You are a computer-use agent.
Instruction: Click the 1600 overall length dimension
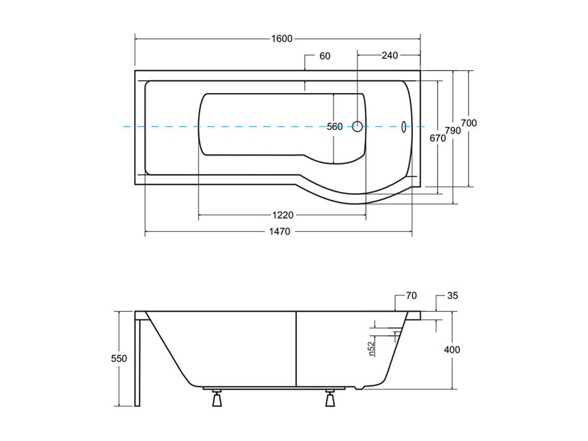click(282, 39)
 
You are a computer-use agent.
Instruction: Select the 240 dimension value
click(390, 55)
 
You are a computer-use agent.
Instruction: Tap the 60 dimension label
click(325, 56)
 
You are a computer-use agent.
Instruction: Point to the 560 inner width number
click(334, 127)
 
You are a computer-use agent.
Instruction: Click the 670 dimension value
click(438, 138)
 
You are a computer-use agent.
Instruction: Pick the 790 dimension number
click(453, 131)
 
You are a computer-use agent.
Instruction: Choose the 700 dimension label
click(469, 123)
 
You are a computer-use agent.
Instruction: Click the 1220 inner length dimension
click(283, 215)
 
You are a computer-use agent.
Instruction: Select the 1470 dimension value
click(280, 231)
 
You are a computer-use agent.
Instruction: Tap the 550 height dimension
click(119, 359)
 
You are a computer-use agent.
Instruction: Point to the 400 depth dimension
click(452, 350)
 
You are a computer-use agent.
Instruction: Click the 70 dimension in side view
click(411, 296)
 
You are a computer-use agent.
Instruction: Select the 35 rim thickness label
click(453, 296)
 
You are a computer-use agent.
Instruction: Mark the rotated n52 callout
click(372, 349)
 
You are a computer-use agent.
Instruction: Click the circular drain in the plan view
click(358, 127)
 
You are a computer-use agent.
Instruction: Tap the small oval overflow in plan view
click(404, 127)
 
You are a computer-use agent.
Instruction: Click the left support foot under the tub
click(216, 398)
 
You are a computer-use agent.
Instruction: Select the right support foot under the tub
click(330, 398)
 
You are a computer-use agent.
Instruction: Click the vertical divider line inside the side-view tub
click(297, 349)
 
